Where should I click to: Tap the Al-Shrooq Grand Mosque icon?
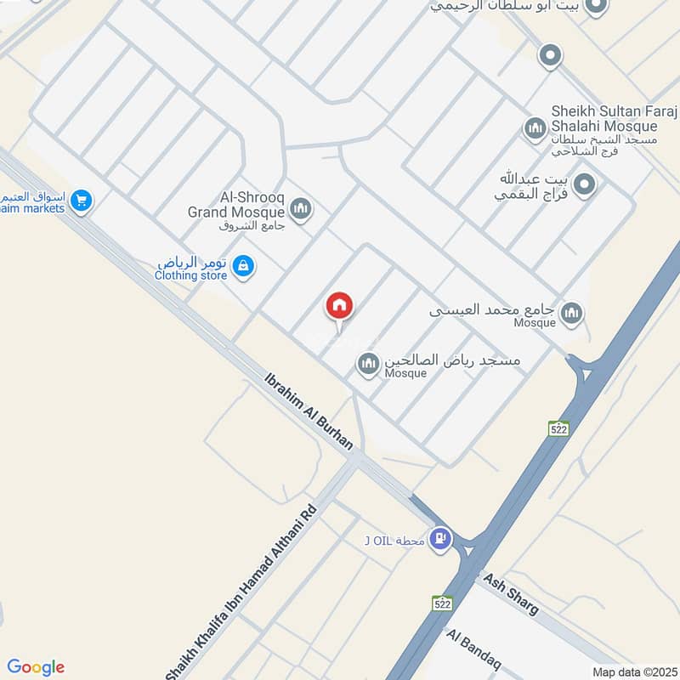[x=300, y=207]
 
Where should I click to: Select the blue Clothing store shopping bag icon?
[x=243, y=266]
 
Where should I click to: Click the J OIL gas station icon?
[x=439, y=538]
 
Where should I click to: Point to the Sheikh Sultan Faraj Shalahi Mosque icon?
[x=535, y=129]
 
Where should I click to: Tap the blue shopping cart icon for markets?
[x=82, y=201]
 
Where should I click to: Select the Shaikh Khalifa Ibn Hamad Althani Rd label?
[x=241, y=593]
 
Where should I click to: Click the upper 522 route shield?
[x=558, y=428]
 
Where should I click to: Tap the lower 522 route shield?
[x=442, y=603]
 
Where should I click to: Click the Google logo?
[x=36, y=666]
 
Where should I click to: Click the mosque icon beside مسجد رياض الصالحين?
[x=368, y=364]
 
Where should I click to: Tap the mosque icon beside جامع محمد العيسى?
[x=573, y=313]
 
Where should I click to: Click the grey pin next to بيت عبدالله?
[x=584, y=184]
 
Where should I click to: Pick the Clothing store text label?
[x=191, y=275]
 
